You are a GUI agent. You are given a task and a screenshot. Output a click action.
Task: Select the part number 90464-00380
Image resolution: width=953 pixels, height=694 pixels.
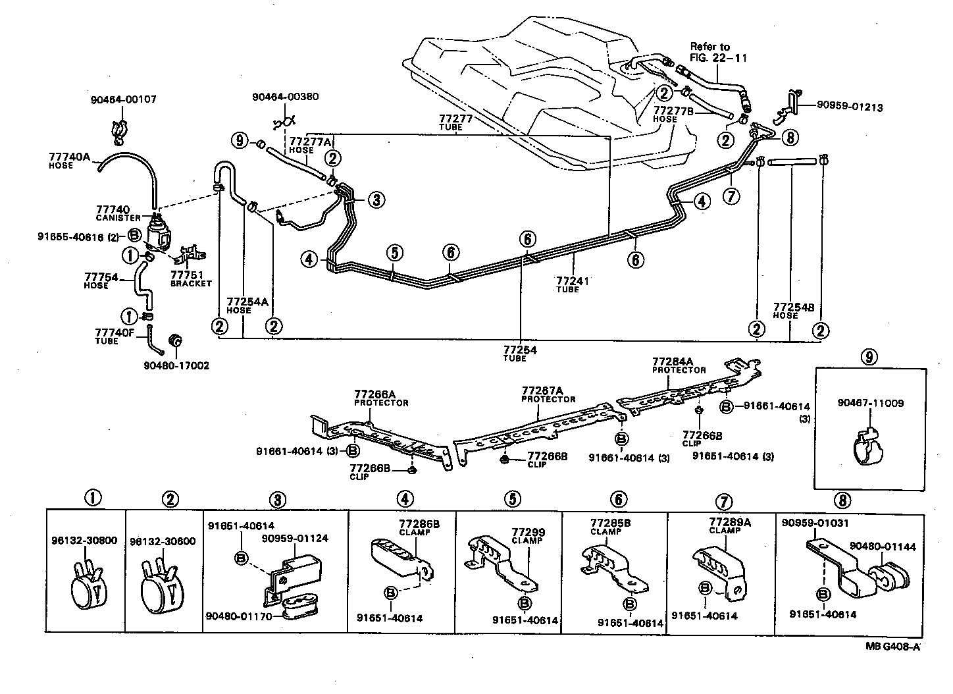(x=285, y=96)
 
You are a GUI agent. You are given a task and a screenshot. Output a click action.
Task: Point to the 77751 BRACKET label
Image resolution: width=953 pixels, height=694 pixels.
(x=191, y=279)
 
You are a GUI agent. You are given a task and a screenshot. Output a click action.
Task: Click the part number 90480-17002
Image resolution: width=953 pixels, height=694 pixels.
(x=176, y=365)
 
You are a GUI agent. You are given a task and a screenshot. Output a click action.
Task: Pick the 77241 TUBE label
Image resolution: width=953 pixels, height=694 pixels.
(x=572, y=284)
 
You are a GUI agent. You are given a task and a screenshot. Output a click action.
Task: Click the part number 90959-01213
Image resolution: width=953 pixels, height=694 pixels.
(x=850, y=107)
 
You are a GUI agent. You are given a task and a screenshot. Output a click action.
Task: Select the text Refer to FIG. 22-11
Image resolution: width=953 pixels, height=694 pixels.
(x=709, y=52)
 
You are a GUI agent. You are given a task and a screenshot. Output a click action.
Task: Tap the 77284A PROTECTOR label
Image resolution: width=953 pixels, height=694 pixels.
(x=679, y=365)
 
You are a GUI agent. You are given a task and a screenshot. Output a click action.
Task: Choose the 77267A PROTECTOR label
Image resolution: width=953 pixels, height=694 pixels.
(x=548, y=394)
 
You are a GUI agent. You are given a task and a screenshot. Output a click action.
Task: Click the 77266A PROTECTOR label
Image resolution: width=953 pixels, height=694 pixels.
(x=381, y=398)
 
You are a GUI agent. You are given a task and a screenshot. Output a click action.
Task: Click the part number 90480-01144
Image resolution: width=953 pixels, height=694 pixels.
(x=882, y=546)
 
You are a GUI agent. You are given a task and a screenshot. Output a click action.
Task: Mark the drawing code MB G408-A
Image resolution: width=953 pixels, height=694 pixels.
(x=892, y=646)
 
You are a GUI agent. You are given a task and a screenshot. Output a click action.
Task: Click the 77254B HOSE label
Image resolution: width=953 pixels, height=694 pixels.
(x=794, y=311)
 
